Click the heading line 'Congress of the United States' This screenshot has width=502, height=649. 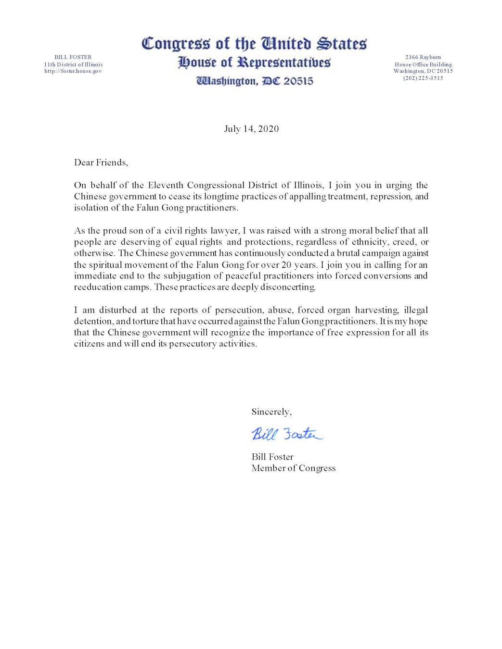pos(254,44)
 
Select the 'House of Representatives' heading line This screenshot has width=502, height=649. pos(254,62)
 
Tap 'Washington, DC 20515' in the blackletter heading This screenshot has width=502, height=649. pos(255,81)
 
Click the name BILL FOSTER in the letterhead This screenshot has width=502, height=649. pos(73,57)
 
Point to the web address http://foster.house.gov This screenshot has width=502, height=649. pos(73,71)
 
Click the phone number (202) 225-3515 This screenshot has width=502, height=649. pos(423,78)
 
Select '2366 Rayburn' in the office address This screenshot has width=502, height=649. pos(423,57)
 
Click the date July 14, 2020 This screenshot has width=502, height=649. pos(251,129)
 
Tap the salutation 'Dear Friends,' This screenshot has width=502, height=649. pos(101,162)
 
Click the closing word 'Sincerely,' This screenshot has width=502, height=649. pos(271,412)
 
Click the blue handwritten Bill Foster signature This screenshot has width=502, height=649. pos(287,434)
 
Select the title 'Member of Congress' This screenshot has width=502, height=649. pos(294,468)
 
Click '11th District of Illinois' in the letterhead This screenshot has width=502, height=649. pos(73,64)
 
